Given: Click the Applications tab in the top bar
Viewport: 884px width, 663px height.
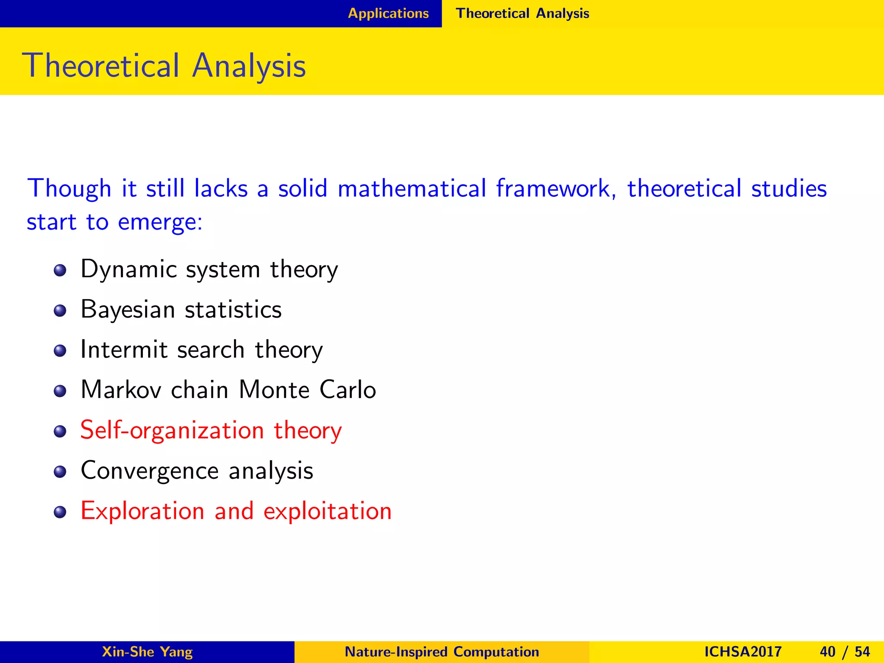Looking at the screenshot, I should click(x=388, y=13).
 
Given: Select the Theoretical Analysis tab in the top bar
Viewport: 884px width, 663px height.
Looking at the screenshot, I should click(x=522, y=13).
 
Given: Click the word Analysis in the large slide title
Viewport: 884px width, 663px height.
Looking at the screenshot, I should click(x=249, y=66).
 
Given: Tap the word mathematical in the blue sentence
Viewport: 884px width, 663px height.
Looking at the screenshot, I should click(x=412, y=189).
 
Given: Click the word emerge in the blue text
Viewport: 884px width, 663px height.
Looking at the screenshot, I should click(x=158, y=223).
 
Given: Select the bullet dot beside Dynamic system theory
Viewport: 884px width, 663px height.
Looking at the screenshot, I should click(x=60, y=271).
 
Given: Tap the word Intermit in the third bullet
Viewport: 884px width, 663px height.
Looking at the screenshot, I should click(x=124, y=350).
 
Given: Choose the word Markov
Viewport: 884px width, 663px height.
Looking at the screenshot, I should click(x=121, y=390).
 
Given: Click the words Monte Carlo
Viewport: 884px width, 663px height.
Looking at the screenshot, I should click(x=307, y=390).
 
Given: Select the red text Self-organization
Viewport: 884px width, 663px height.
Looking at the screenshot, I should click(x=172, y=430).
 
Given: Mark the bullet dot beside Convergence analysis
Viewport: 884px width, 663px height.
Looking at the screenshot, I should click(x=60, y=472).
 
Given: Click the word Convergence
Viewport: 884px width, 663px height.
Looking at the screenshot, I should click(x=149, y=470).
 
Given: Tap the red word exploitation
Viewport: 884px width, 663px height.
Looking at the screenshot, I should click(x=328, y=511).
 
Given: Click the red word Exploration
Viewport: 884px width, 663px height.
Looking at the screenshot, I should click(x=142, y=511).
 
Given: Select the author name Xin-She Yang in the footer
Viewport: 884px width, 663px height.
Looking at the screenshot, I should click(x=147, y=652).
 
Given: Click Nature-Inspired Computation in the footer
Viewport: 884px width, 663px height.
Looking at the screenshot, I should click(x=442, y=652).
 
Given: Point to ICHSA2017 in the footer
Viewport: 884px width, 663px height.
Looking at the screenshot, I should click(x=742, y=652).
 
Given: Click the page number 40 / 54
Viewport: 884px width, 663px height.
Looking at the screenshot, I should click(x=844, y=652).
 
